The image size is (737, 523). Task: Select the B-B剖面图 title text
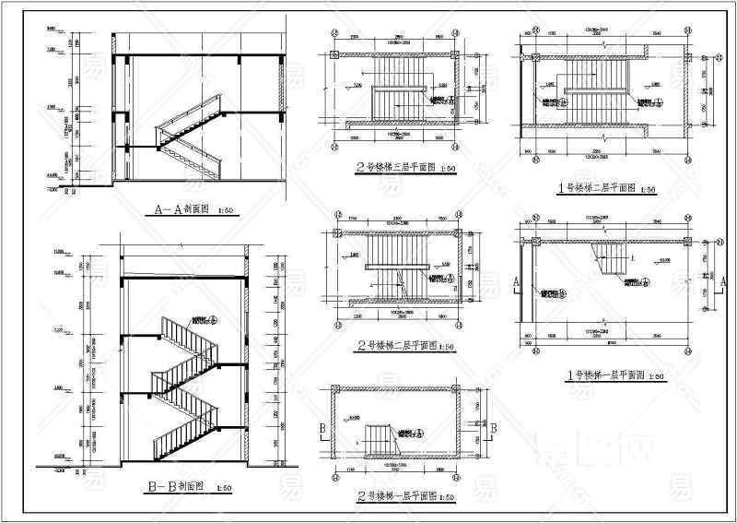178,484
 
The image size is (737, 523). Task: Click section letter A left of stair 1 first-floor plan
516,279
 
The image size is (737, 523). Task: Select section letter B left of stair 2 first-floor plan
321,429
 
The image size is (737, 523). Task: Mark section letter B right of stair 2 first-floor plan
494,428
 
